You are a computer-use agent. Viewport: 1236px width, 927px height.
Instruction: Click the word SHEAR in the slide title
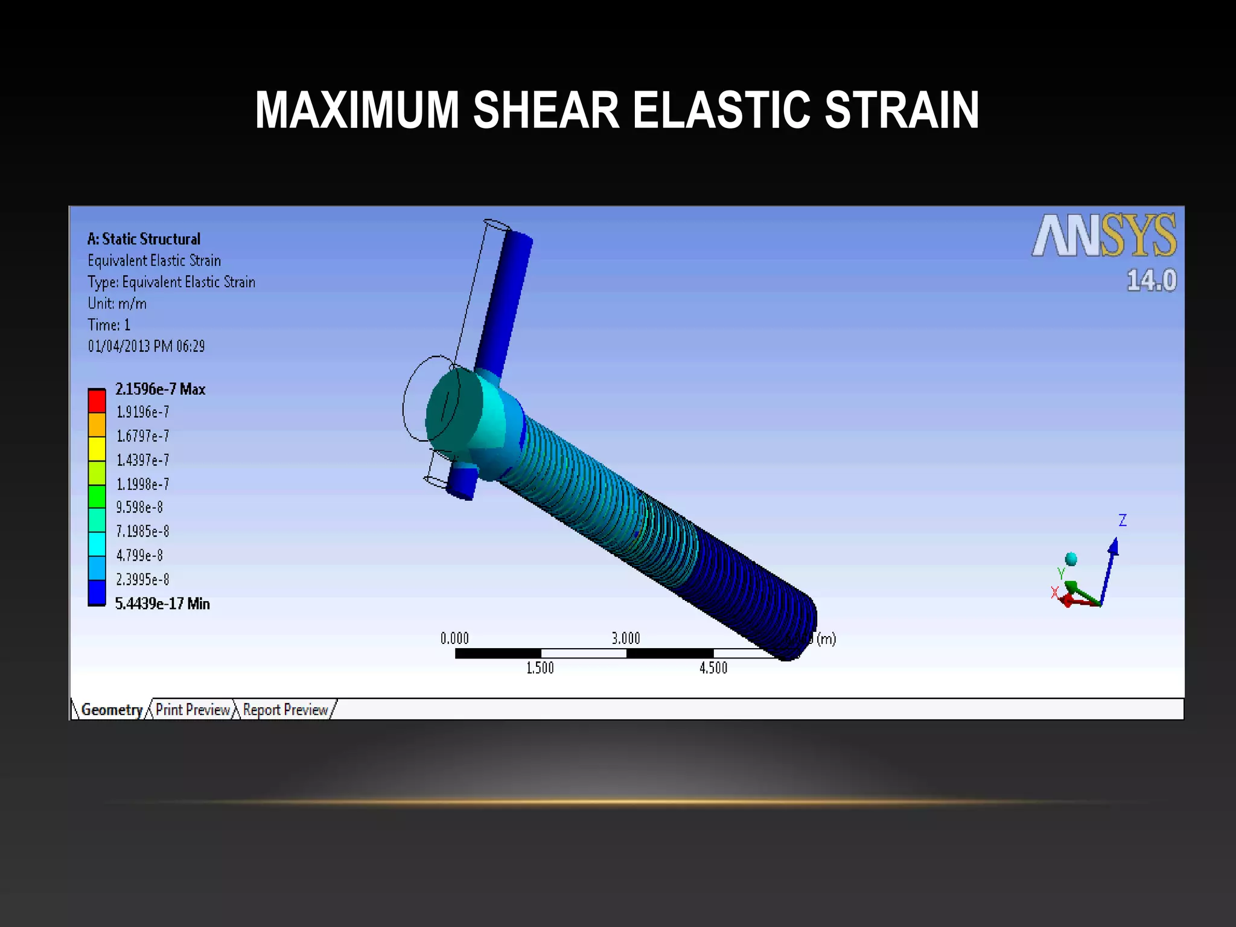click(x=546, y=110)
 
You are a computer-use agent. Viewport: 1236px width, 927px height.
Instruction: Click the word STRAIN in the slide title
click(x=902, y=110)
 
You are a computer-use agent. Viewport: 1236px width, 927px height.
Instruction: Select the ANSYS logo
click(x=1104, y=235)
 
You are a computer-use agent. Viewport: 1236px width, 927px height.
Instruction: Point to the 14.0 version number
click(x=1152, y=281)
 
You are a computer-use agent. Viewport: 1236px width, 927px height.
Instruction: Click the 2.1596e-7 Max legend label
click(x=161, y=389)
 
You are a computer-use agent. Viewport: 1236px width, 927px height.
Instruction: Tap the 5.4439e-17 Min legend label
click(x=162, y=604)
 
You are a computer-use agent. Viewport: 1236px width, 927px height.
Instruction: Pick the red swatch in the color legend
click(x=97, y=401)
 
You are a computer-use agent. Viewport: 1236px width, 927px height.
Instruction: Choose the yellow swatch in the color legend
click(x=97, y=448)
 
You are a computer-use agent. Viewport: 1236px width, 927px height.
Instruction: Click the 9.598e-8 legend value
click(x=139, y=507)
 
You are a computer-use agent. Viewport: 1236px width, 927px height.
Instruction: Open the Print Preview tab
click(x=193, y=710)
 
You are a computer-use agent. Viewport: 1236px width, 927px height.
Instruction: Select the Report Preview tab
click(x=285, y=710)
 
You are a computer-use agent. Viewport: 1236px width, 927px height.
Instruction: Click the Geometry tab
click(x=112, y=710)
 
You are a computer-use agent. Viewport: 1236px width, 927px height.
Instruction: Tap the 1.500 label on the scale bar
click(x=540, y=668)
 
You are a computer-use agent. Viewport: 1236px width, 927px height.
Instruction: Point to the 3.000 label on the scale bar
click(x=626, y=639)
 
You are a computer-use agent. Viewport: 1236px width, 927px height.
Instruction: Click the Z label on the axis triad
click(x=1123, y=520)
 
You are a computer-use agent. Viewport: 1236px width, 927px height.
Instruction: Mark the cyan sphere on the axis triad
click(x=1071, y=559)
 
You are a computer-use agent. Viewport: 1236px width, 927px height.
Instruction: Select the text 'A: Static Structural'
click(x=144, y=239)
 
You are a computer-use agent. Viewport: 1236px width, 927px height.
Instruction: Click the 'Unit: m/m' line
click(x=117, y=304)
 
